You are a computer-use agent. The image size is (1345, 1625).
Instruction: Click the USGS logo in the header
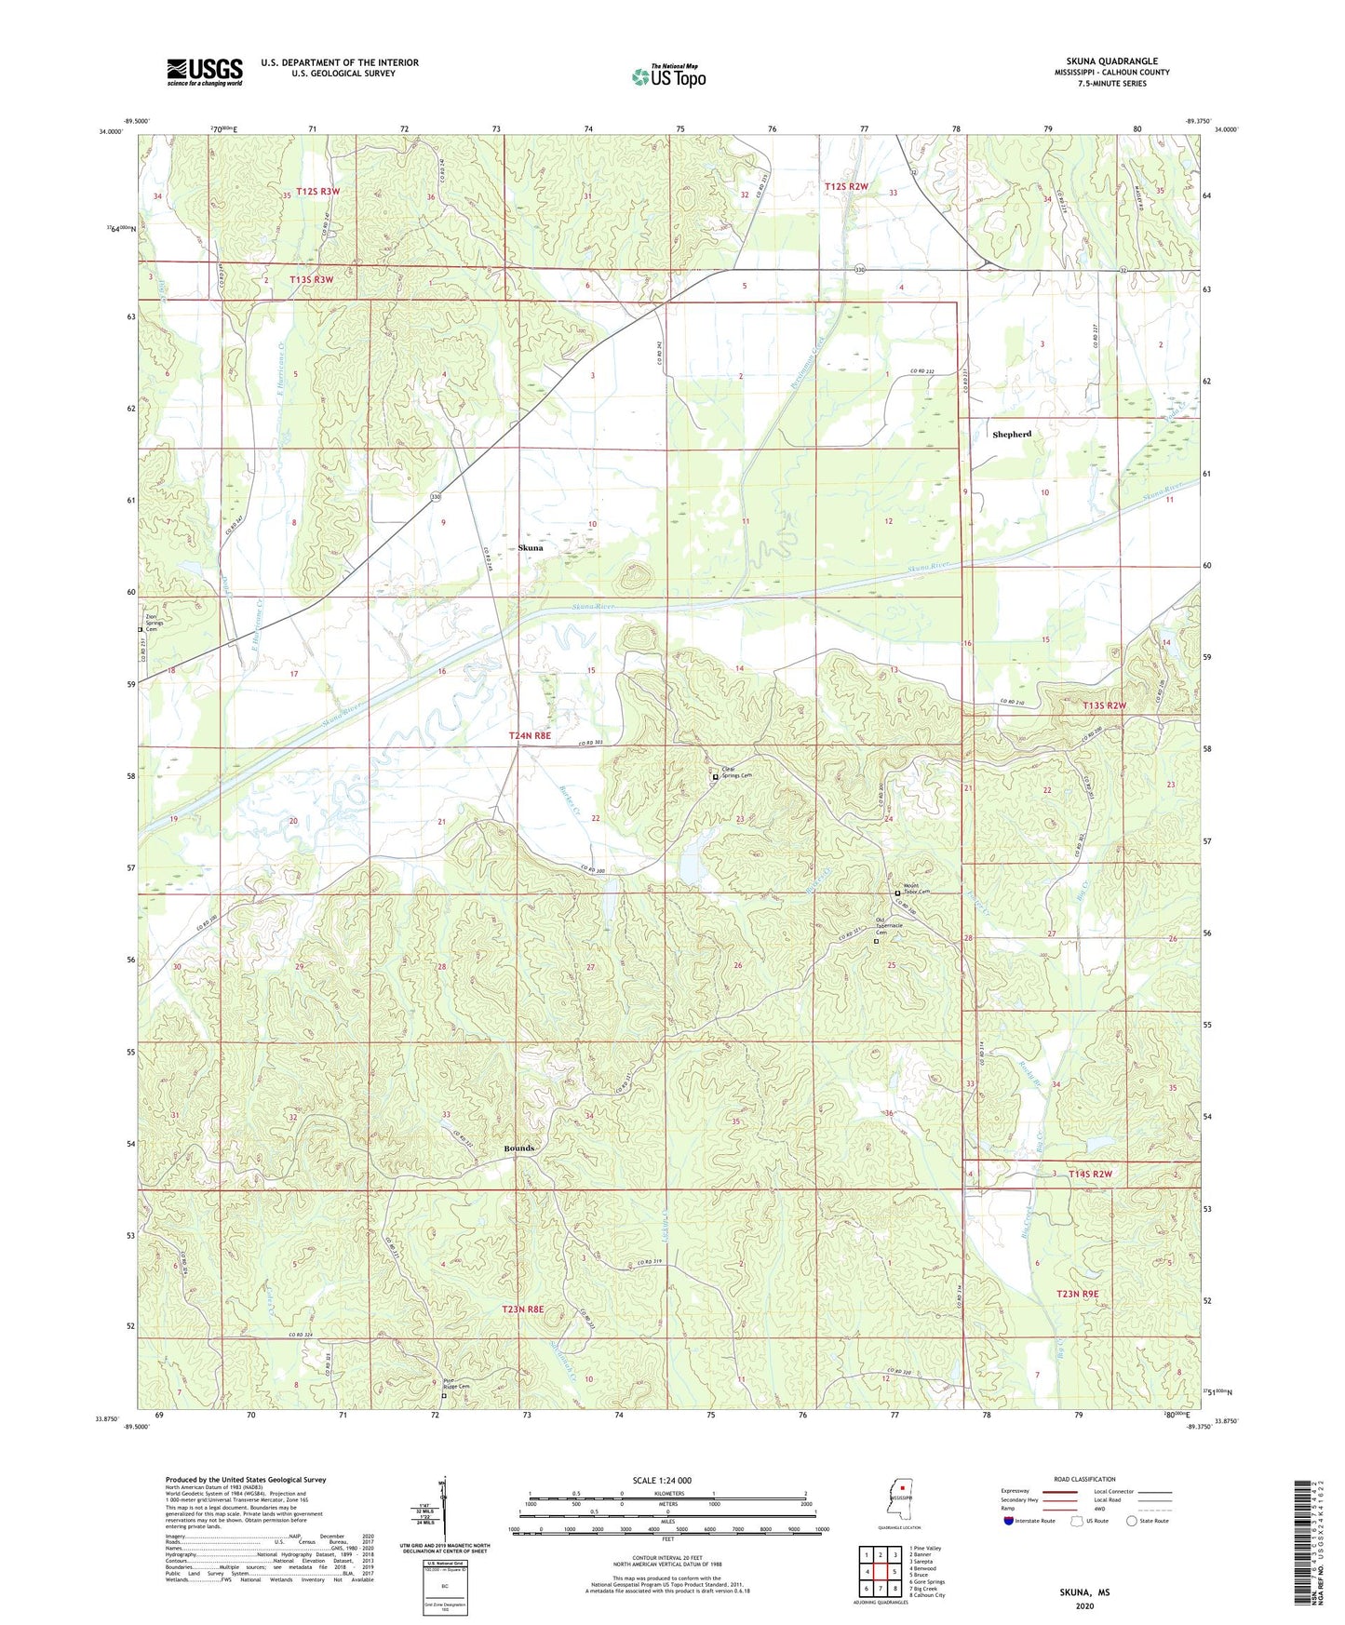(204, 72)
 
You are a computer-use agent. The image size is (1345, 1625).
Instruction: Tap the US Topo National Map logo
(667, 75)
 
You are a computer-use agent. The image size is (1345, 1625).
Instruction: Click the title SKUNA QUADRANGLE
(1111, 61)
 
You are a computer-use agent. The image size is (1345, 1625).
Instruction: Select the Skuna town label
(531, 548)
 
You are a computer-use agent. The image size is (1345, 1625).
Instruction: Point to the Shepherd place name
(1012, 435)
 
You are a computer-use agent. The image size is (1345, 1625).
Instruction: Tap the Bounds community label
(519, 1148)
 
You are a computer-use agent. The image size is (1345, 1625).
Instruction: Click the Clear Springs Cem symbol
(715, 776)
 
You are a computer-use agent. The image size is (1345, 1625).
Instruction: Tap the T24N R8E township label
(530, 736)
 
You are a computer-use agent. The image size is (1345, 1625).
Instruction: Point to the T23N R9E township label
(1078, 1295)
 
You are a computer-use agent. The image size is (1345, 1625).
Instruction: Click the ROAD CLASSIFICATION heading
(1084, 1479)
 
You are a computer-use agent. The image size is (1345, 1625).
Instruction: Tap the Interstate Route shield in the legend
(1009, 1521)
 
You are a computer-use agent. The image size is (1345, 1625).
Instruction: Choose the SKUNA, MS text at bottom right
(1084, 1592)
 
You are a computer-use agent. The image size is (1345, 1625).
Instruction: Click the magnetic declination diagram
(444, 1510)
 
